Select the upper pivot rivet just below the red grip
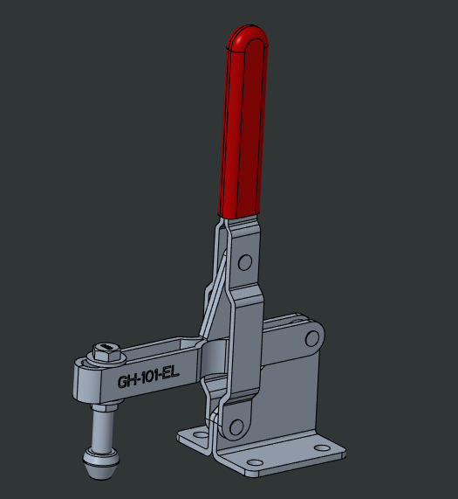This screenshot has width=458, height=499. coord(245,261)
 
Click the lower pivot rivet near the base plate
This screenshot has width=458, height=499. coord(233,426)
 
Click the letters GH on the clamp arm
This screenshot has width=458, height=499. coord(129,381)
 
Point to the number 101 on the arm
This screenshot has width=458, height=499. coord(153,378)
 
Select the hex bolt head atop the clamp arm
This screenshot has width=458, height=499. coord(103,351)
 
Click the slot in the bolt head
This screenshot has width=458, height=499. coord(103,348)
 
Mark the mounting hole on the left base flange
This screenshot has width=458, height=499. coord(193,434)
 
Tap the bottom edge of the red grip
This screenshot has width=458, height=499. coord(238,215)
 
